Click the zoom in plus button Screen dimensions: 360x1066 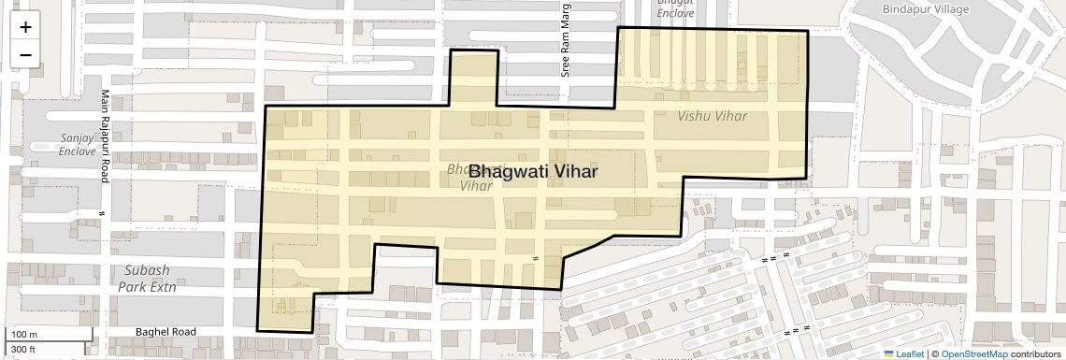click(x=25, y=27)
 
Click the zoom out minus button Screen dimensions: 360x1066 click(x=25, y=55)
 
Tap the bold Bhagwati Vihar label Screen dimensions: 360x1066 click(x=532, y=172)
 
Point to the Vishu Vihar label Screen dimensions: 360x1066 click(x=713, y=116)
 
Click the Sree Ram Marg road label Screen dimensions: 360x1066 click(x=565, y=48)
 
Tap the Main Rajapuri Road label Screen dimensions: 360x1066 click(x=106, y=136)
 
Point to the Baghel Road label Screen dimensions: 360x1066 click(x=166, y=332)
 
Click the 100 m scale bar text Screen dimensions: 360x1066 click(x=24, y=335)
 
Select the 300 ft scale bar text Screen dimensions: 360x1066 click(x=23, y=350)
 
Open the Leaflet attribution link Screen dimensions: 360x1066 click(x=902, y=353)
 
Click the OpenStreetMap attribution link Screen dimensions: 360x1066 click(x=973, y=353)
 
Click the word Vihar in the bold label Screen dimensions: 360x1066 click(x=570, y=172)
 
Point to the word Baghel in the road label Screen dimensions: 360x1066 click(x=152, y=332)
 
